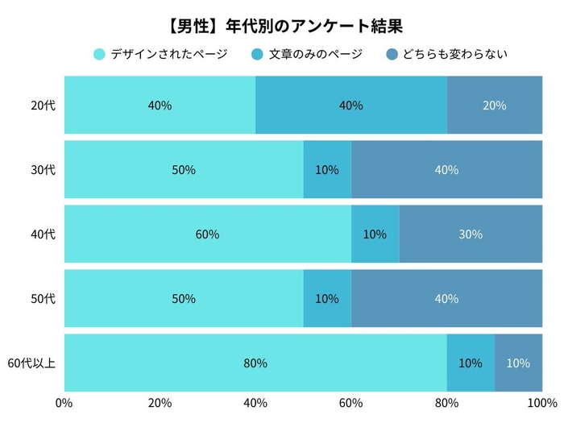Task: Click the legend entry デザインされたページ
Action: click(x=160, y=55)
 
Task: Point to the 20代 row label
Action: click(x=43, y=106)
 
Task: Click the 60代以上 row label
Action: click(x=31, y=363)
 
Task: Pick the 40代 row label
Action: click(x=43, y=234)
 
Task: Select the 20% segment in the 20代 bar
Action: click(x=495, y=106)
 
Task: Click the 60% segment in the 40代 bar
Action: click(x=207, y=234)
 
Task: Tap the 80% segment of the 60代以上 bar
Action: click(x=255, y=363)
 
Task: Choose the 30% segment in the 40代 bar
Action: click(x=471, y=234)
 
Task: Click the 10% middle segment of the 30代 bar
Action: click(x=327, y=170)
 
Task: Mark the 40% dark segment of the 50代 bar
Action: click(x=446, y=299)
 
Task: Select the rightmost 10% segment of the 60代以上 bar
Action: click(x=518, y=363)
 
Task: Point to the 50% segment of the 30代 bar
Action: click(x=184, y=170)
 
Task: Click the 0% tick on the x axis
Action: click(x=64, y=403)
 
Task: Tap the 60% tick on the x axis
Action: click(x=350, y=403)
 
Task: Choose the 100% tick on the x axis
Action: click(x=540, y=403)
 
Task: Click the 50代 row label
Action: click(x=43, y=299)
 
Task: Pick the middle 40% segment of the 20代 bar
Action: click(x=351, y=106)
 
